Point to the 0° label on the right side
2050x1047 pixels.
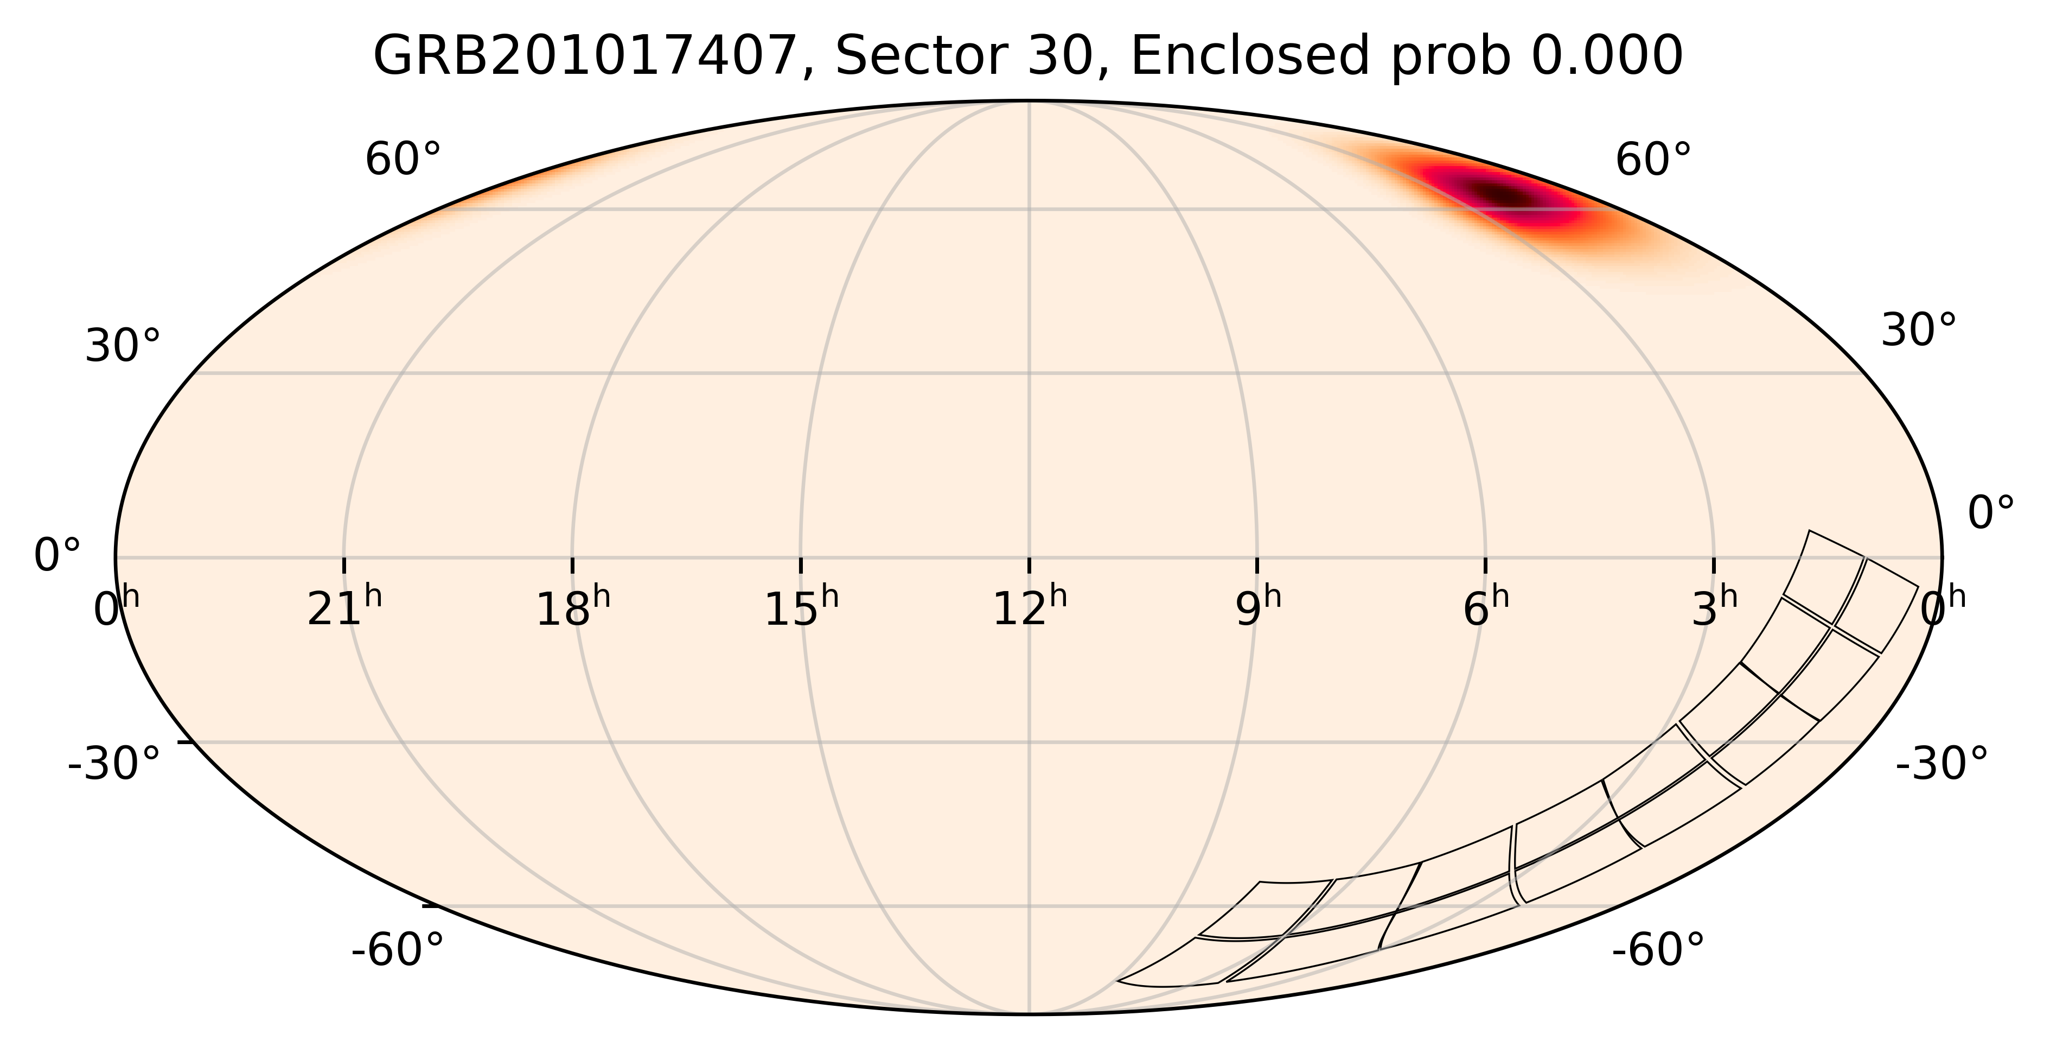1991,513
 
